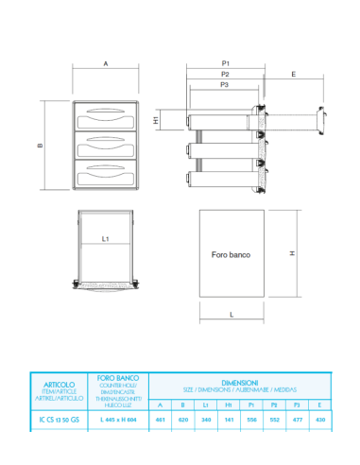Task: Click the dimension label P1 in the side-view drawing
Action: [x=225, y=62]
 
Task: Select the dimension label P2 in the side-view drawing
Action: [x=225, y=73]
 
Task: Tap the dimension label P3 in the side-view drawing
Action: [x=224, y=84]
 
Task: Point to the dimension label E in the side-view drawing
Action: [x=294, y=73]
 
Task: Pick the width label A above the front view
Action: [x=106, y=62]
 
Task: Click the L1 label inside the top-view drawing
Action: [x=106, y=239]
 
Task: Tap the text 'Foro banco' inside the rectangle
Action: [x=231, y=254]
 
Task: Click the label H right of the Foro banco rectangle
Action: [x=293, y=253]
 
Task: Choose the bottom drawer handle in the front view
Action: [x=106, y=172]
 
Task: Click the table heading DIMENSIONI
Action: [x=240, y=382]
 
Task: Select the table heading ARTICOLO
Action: [x=60, y=385]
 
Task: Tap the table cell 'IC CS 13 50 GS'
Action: [x=60, y=419]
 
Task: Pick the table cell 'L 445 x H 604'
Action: [x=118, y=419]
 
